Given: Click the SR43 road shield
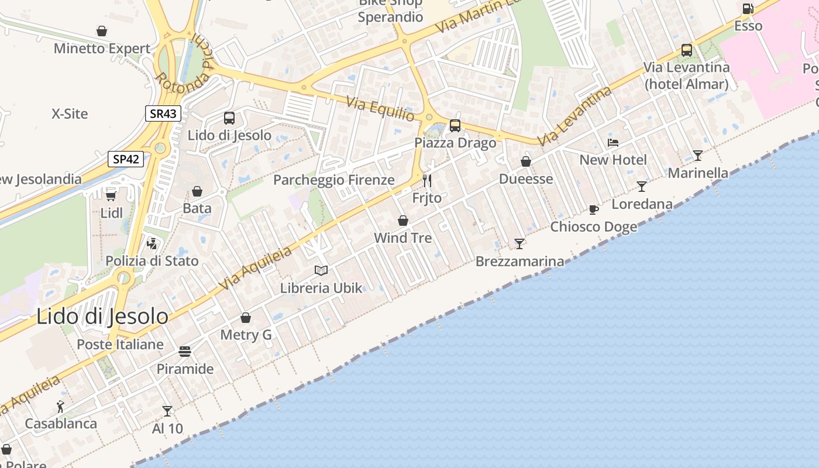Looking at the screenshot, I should tap(163, 113).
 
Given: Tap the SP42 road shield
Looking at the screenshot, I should tap(126, 159).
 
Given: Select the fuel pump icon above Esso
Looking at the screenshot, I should tap(748, 9).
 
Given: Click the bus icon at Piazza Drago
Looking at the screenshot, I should tap(455, 125).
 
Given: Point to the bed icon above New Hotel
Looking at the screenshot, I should tap(612, 142).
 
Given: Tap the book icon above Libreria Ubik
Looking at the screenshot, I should tap(321, 270).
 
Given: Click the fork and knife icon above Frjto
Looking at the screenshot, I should tap(427, 180).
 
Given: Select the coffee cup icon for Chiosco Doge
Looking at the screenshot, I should tap(593, 209).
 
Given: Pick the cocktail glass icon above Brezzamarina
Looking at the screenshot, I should tap(519, 243).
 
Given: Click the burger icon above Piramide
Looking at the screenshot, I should tap(185, 352).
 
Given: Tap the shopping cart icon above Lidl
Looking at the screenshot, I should tap(111, 195).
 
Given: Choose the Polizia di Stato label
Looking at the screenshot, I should tap(152, 261).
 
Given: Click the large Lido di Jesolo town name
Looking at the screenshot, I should tap(102, 316).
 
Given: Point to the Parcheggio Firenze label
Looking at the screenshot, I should tap(334, 180).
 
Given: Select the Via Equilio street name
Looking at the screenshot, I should tap(381, 109).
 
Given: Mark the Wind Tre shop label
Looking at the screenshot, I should tap(402, 238).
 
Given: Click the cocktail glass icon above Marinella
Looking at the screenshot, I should tap(697, 155).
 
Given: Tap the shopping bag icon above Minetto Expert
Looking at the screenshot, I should tap(102, 31).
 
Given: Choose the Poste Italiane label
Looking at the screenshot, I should tap(121, 345).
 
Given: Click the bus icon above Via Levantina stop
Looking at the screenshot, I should tap(686, 50).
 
